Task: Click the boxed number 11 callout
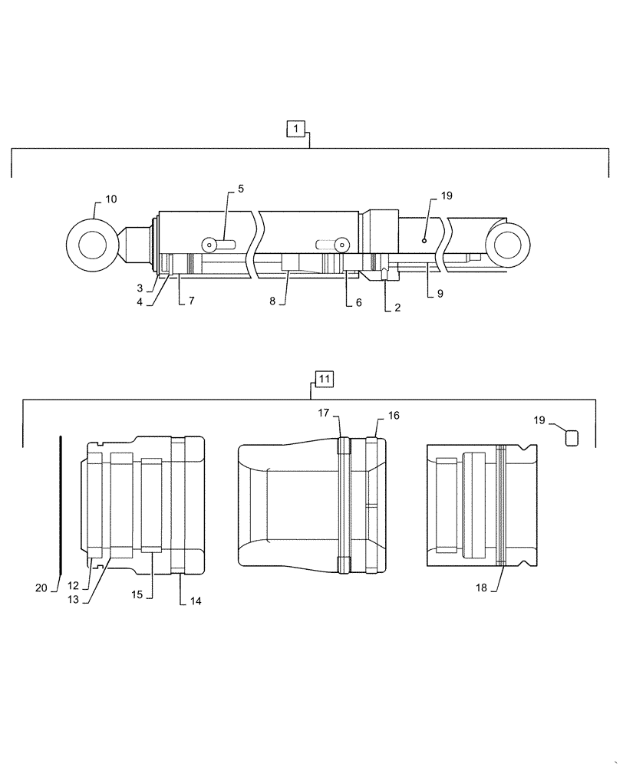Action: point(323,379)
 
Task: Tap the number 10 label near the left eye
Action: point(111,199)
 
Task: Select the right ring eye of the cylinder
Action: point(508,245)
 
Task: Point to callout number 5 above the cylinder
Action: point(240,189)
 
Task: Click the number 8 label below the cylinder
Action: point(272,301)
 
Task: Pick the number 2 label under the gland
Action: point(397,308)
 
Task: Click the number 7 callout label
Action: point(191,301)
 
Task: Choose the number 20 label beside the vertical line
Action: point(42,588)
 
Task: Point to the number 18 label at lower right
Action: point(481,588)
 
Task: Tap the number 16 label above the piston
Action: point(393,416)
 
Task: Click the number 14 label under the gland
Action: point(195,602)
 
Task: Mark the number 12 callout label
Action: point(72,586)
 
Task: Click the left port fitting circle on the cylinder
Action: point(207,244)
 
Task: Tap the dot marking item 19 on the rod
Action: point(424,240)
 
